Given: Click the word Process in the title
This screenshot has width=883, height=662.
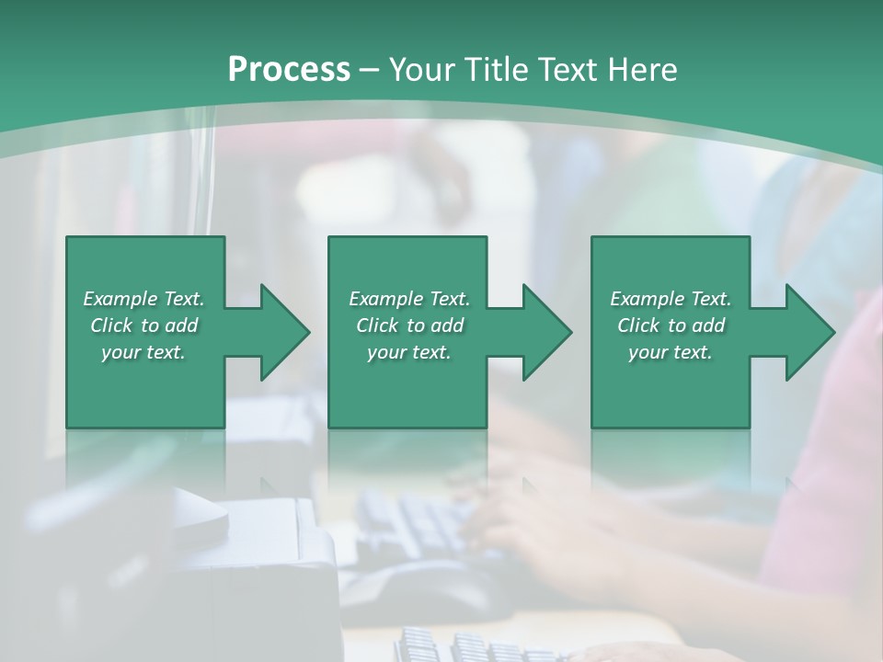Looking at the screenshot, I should tap(289, 70).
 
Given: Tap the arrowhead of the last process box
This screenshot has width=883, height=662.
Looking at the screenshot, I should tap(808, 332).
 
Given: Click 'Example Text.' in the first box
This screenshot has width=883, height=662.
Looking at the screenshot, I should tap(143, 299).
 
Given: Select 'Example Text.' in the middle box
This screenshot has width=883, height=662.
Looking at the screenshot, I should tap(408, 299).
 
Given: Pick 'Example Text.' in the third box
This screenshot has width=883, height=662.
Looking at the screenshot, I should tap(671, 299).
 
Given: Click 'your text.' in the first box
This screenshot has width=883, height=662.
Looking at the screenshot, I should tap(143, 352).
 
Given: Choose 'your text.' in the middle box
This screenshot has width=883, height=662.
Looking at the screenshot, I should tap(408, 352).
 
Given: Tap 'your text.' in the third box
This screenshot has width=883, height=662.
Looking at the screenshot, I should tap(671, 352).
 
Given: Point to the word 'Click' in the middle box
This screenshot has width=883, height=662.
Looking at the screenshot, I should tap(377, 325).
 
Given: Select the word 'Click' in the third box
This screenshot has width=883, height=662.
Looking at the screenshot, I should tap(638, 325).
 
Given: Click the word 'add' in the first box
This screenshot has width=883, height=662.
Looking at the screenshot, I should tap(181, 325).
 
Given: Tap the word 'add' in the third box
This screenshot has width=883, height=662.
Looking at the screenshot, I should tap(708, 325).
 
